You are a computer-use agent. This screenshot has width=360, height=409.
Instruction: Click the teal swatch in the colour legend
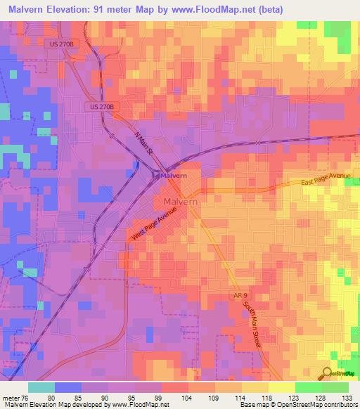pyautogui.click(x=41, y=387)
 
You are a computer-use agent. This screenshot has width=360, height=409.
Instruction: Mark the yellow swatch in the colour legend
pyautogui.click(x=281, y=387)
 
